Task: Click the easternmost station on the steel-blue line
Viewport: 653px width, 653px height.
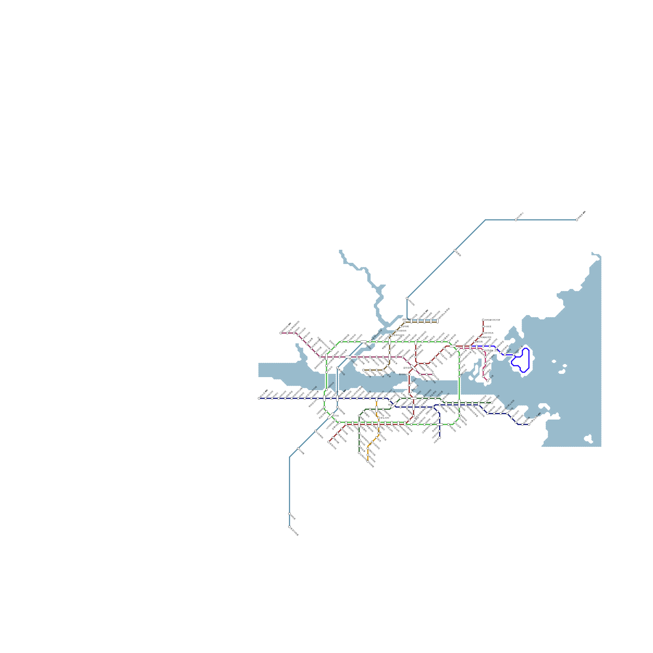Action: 577,220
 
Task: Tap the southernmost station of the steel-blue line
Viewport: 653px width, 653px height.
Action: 289,527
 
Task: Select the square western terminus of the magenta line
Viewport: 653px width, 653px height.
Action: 281,333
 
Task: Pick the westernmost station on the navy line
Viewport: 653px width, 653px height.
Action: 259,398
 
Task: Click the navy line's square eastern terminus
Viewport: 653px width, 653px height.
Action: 529,424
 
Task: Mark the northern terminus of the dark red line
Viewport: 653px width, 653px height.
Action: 483,320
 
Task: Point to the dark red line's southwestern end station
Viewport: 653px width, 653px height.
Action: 329,442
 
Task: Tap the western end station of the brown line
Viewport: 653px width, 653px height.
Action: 364,370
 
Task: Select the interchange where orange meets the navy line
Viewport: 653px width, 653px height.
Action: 376,399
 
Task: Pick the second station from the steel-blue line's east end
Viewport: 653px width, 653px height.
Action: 516,220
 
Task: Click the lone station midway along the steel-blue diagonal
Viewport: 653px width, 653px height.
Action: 455,251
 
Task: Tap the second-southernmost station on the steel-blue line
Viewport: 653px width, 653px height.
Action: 289,514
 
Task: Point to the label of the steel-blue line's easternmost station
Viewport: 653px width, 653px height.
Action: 582,214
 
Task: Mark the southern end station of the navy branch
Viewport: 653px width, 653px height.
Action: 440,438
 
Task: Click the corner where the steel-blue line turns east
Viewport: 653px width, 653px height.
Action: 485,220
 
